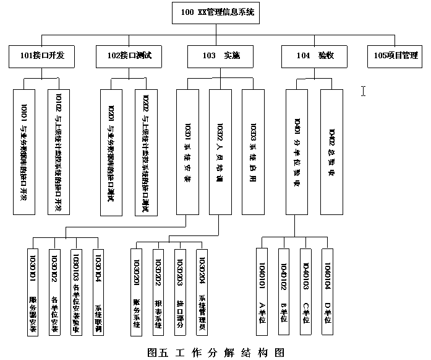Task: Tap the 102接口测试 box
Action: [129, 56]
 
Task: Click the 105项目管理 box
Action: [396, 56]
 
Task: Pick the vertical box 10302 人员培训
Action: [220, 152]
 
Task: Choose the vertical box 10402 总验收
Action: [331, 152]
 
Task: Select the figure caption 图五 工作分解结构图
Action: [216, 353]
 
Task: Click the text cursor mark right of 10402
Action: [364, 92]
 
